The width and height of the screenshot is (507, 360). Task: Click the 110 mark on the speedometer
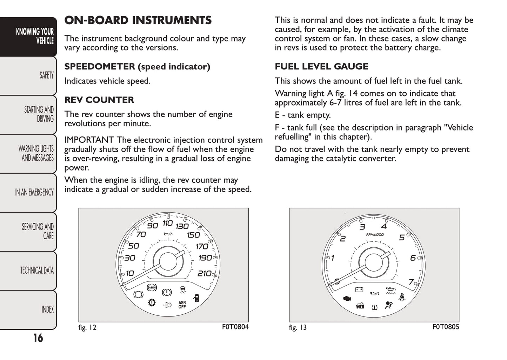(167, 223)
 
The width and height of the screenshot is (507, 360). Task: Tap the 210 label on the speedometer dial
(204, 273)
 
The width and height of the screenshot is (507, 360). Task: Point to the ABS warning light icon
(152, 287)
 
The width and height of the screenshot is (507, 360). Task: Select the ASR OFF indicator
(182, 305)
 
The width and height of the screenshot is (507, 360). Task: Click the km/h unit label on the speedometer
(168, 234)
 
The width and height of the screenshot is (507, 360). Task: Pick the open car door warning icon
(196, 298)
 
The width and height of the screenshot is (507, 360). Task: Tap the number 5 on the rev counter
(402, 238)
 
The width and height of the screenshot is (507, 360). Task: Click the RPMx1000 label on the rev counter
(375, 234)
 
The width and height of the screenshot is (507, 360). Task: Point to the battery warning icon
(359, 289)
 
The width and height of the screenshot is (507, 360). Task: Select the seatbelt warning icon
(402, 297)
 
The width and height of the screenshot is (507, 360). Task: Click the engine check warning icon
(347, 299)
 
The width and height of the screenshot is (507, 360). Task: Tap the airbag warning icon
(388, 305)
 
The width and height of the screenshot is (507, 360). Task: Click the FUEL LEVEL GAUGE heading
(321, 67)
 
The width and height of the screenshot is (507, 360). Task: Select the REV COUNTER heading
(99, 100)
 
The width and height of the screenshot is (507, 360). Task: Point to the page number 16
(38, 338)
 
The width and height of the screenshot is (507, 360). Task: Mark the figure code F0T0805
(446, 327)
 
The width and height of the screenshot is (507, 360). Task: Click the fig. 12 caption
(87, 328)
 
